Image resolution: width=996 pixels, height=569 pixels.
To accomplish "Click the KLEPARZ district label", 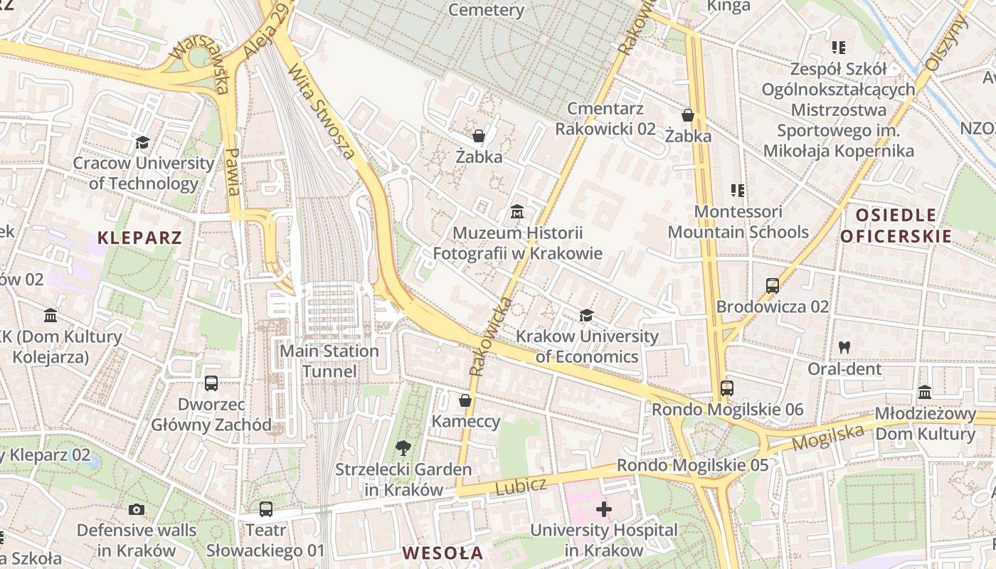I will click(x=140, y=238).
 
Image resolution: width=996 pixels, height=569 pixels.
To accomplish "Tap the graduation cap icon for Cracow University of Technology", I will click(x=143, y=143).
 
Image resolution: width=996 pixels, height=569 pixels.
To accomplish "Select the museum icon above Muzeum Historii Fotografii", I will click(x=517, y=212).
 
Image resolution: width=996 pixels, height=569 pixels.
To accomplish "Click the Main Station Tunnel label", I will click(x=329, y=361).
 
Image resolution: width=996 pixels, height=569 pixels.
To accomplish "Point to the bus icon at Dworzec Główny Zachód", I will click(x=211, y=383).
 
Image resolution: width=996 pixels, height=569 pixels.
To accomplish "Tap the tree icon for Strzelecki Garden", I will click(x=403, y=448).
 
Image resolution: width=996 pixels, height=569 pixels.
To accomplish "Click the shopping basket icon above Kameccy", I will click(x=465, y=400).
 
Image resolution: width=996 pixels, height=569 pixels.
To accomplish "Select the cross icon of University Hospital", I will click(x=603, y=509).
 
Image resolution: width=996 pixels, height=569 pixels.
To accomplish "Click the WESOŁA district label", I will click(x=443, y=553).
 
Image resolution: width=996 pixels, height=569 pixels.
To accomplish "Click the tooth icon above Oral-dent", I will click(x=844, y=348).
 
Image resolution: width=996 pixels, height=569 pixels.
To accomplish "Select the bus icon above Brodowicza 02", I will click(x=773, y=286).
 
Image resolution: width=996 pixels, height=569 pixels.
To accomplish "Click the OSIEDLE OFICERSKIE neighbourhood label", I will click(x=896, y=225).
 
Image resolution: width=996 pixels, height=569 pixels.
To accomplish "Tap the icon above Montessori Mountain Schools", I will click(x=738, y=191).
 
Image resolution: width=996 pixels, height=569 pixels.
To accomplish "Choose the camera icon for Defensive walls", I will click(x=137, y=509).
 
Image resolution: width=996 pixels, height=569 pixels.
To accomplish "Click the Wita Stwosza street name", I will click(x=322, y=111).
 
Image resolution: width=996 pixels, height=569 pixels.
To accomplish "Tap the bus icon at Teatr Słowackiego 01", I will click(x=265, y=509).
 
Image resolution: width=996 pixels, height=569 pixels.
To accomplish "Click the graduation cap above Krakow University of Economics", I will click(x=586, y=315).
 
